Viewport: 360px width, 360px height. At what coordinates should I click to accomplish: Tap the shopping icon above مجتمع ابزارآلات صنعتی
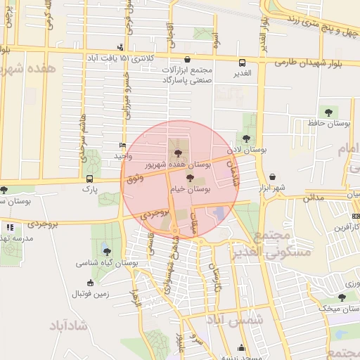pyautogui.click(x=187, y=60)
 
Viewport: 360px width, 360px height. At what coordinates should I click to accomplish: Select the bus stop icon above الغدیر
pyautogui.click(x=242, y=61)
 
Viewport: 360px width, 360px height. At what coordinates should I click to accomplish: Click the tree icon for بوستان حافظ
pyautogui.click(x=328, y=112)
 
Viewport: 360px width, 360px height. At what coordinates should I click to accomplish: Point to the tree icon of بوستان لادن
pyautogui.click(x=245, y=138)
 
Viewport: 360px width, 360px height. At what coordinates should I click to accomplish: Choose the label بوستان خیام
pyautogui.click(x=193, y=189)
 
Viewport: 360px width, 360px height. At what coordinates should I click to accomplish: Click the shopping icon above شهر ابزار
pyautogui.click(x=271, y=176)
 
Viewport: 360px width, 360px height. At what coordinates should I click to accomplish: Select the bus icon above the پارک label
pyautogui.click(x=89, y=179)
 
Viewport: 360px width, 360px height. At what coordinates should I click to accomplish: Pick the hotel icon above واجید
pyautogui.click(x=123, y=146)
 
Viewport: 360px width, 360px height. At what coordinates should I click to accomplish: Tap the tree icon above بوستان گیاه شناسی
pyautogui.click(x=106, y=251)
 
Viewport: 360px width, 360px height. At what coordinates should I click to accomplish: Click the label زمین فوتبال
pyautogui.click(x=88, y=294)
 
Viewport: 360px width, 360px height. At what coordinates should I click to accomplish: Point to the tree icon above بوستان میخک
pyautogui.click(x=342, y=297)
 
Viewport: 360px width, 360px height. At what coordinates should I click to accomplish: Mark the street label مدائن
pyautogui.click(x=313, y=198)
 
